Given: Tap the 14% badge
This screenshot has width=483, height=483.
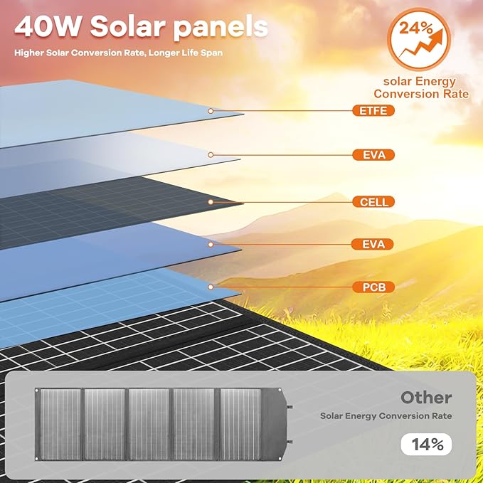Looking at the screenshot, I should tap(427, 445).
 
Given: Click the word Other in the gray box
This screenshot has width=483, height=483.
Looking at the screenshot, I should tap(425, 398).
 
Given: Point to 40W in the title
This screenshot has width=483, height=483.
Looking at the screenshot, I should tap(48, 26).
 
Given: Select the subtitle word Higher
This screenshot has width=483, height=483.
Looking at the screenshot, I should tap(32, 52).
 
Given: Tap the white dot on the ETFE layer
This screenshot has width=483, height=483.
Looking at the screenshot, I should tap(211, 111).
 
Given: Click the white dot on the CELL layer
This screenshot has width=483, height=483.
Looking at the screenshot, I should tap(211, 202).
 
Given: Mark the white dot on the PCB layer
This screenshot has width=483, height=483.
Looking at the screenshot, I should tap(211, 287).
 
